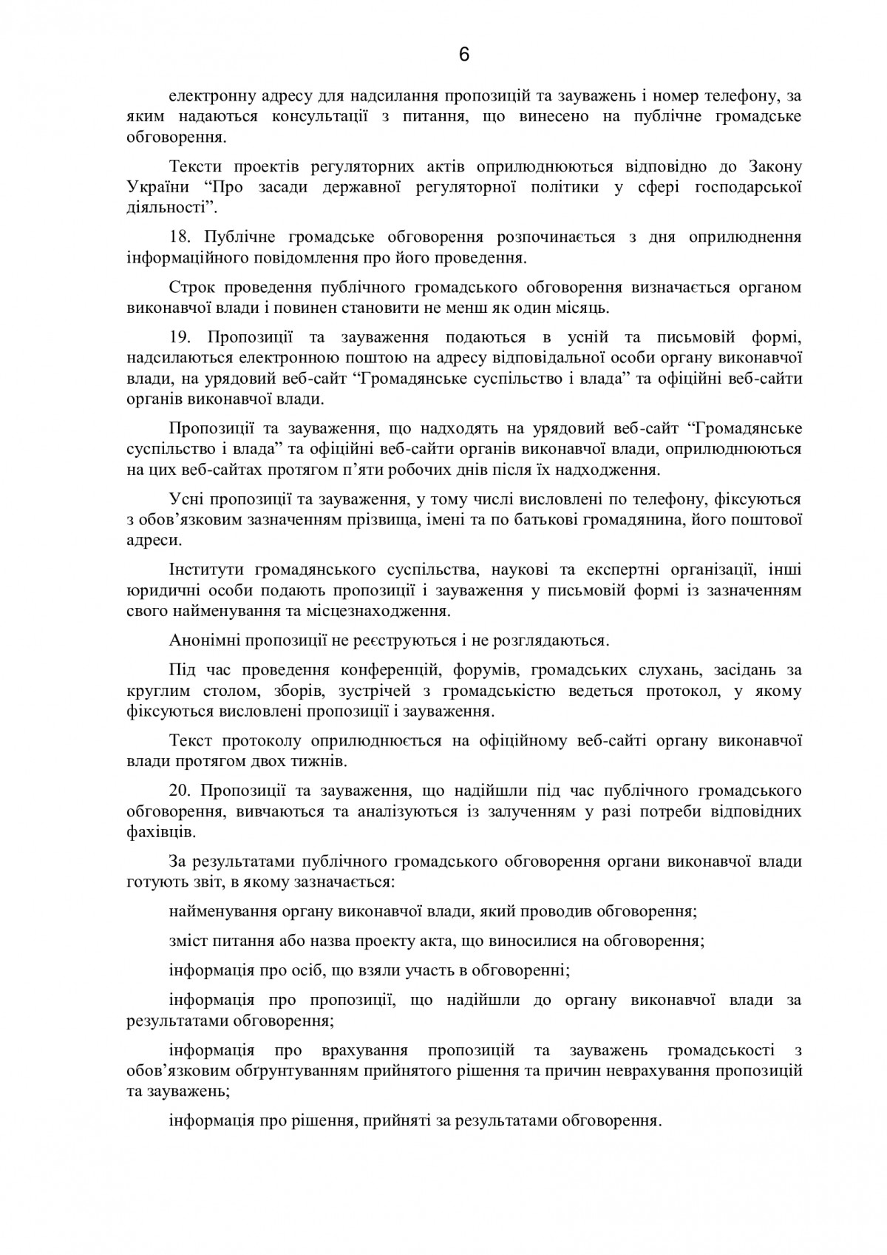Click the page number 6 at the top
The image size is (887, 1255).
[x=464, y=55]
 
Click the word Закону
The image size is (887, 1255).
[x=775, y=165]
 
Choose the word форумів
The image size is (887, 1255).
[x=479, y=670]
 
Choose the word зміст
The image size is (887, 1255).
[x=189, y=941]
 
